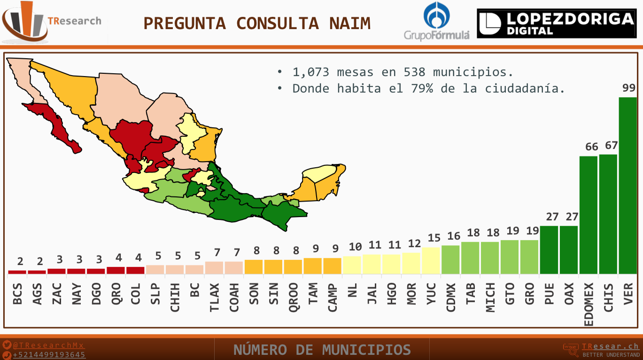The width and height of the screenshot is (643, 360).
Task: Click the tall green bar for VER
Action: [628, 186]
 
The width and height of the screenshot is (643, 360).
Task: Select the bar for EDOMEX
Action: [588, 215]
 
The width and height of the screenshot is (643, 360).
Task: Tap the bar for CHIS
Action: [608, 214]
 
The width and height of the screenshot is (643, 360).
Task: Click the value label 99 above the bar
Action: [628, 88]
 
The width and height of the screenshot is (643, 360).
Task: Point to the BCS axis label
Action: [17, 293]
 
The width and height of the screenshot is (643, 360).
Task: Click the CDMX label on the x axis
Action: [451, 297]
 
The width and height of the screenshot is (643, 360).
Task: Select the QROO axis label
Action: [293, 297]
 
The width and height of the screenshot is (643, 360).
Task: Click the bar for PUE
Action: [549, 250]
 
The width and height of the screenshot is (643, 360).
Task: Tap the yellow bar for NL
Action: [352, 265]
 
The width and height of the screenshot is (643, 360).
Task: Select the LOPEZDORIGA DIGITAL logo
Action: [556, 23]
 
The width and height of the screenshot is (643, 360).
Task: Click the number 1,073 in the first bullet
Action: [310, 72]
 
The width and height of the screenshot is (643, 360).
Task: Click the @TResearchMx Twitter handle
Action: [48, 345]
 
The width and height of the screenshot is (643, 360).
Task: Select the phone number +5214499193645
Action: [49, 355]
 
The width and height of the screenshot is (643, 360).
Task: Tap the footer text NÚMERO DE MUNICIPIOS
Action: [322, 350]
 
